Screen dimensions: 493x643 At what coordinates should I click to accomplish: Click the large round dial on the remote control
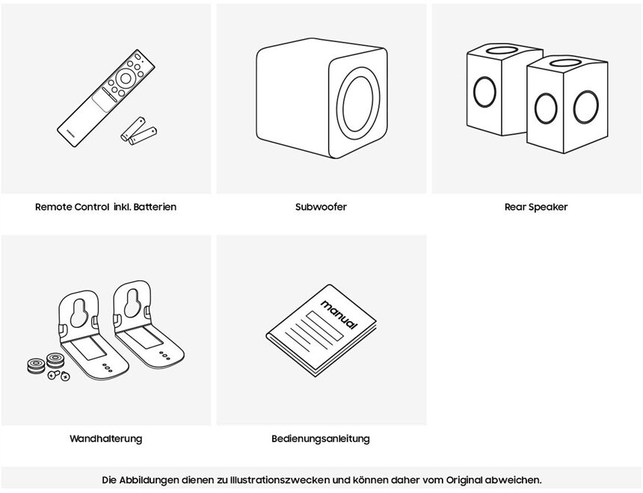(x=126, y=78)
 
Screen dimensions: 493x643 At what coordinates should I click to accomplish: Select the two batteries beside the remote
(x=139, y=131)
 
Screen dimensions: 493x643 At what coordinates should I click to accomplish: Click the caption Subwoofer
(x=321, y=207)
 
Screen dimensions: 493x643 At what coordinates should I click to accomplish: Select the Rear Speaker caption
(x=536, y=207)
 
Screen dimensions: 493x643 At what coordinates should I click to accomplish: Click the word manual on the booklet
(x=339, y=314)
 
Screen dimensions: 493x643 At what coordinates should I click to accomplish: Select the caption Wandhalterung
(x=105, y=438)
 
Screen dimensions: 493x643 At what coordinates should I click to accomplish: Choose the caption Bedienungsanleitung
(x=320, y=438)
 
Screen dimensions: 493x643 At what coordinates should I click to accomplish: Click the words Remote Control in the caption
(x=73, y=207)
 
